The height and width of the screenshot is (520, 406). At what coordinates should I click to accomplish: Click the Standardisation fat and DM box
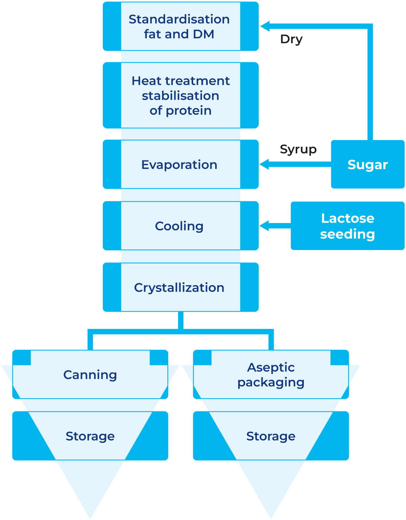pyautogui.click(x=180, y=26)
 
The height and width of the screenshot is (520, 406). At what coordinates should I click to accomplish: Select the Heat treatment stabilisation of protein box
pyautogui.click(x=180, y=95)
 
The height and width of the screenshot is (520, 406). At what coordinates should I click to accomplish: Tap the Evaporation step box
pyautogui.click(x=180, y=164)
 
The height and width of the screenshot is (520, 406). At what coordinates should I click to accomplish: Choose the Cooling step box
pyautogui.click(x=180, y=226)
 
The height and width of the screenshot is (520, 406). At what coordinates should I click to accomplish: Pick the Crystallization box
pyautogui.click(x=180, y=287)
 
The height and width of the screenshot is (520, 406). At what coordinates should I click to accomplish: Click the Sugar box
pyautogui.click(x=367, y=165)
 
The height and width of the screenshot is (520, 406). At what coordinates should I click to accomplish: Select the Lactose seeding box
pyautogui.click(x=347, y=226)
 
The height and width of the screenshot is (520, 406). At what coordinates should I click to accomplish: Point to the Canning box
pyautogui.click(x=90, y=375)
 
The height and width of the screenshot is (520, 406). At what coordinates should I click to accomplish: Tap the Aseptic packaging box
pyautogui.click(x=271, y=375)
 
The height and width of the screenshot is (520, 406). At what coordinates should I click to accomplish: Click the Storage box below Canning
pyautogui.click(x=90, y=436)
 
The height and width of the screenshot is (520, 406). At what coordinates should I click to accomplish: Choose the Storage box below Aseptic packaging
pyautogui.click(x=271, y=436)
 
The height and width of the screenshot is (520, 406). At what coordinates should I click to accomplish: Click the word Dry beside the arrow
pyautogui.click(x=291, y=40)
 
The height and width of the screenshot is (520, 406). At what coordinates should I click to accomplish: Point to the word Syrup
pyautogui.click(x=298, y=149)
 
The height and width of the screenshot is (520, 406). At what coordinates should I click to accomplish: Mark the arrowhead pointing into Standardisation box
pyautogui.click(x=265, y=26)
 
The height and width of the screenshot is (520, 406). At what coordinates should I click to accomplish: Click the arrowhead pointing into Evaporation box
pyautogui.click(x=264, y=164)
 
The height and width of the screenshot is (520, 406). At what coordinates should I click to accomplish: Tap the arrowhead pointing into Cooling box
pyautogui.click(x=264, y=226)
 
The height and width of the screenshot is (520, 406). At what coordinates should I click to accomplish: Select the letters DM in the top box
pyautogui.click(x=203, y=34)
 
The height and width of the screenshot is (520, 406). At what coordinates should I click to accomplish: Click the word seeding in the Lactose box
pyautogui.click(x=347, y=234)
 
